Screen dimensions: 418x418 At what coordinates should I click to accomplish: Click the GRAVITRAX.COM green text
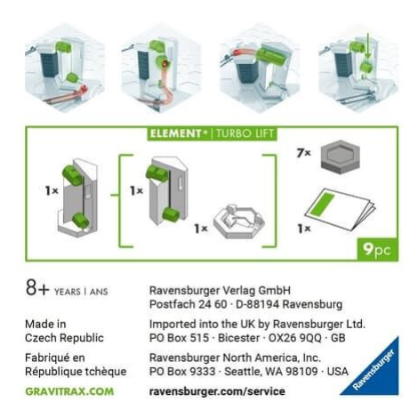click(x=69, y=391)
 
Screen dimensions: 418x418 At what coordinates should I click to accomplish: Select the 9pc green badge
click(x=377, y=250)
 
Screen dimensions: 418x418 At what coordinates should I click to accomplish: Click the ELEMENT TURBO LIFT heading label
click(x=212, y=133)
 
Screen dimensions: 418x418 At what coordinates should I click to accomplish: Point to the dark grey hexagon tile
click(x=341, y=157)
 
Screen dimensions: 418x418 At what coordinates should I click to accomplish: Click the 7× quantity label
click(x=303, y=153)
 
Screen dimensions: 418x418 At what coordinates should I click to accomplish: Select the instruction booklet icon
click(x=341, y=209)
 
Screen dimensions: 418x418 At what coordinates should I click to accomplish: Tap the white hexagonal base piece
click(x=239, y=221)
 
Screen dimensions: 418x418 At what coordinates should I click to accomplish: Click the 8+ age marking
click(x=37, y=287)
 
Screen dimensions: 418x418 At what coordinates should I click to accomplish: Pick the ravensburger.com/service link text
click(x=217, y=391)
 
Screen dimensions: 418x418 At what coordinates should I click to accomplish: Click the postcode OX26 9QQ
click(x=294, y=338)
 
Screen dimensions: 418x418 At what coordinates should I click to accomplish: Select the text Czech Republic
click(x=64, y=338)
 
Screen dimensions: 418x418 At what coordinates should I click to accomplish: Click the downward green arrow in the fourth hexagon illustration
click(x=367, y=45)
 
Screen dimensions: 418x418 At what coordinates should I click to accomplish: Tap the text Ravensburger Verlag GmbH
click(x=220, y=290)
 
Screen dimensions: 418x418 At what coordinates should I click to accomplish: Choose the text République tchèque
click(x=76, y=371)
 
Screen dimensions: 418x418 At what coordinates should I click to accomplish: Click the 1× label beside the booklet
click(x=304, y=229)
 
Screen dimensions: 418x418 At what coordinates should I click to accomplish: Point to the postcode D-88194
click(x=257, y=304)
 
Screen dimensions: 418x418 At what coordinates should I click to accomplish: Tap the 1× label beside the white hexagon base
click(x=201, y=229)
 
